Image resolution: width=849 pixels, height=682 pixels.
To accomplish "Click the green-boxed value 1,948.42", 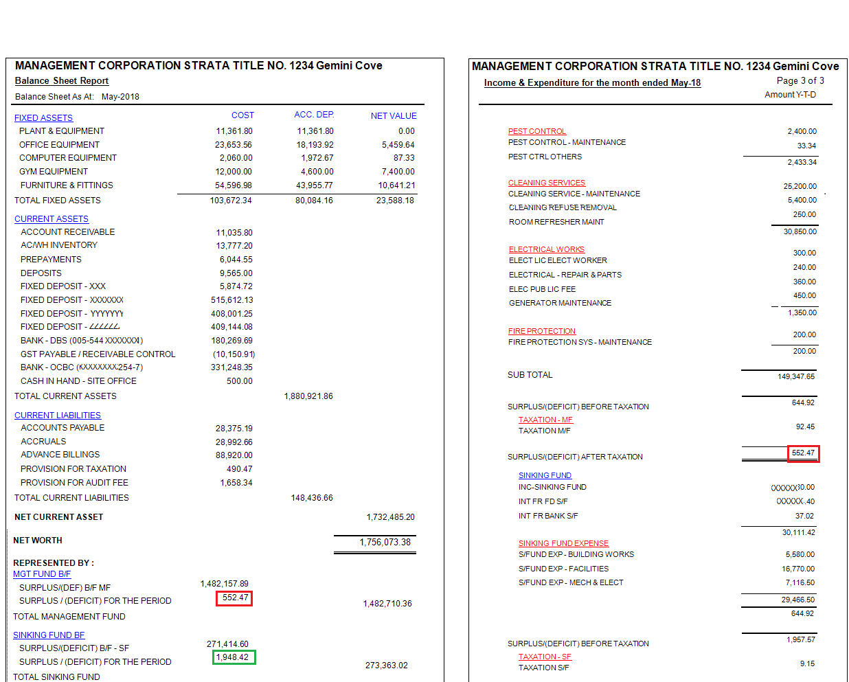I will (x=234, y=657).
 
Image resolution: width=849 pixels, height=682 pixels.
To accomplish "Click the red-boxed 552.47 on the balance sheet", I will (x=234, y=598).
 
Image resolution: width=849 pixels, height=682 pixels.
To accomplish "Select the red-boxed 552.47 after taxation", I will (x=803, y=453).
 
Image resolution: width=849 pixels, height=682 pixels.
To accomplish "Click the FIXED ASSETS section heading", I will (x=43, y=118).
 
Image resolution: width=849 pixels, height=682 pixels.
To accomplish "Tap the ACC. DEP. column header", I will (x=314, y=115).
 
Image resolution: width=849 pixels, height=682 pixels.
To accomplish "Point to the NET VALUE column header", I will (x=394, y=116).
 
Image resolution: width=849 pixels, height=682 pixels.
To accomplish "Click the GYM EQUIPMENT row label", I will (x=54, y=172).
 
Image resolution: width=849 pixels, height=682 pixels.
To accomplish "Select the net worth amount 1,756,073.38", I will (x=385, y=543).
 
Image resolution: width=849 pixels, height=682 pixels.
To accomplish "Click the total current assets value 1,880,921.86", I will (x=308, y=396).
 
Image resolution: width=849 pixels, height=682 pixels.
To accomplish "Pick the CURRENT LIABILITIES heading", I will (x=58, y=416).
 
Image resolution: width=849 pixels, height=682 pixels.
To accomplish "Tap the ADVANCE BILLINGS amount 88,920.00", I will (x=234, y=455).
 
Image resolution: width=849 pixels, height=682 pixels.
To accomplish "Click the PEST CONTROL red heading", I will (x=537, y=131).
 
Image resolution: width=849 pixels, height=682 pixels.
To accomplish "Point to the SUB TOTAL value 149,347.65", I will (x=796, y=376).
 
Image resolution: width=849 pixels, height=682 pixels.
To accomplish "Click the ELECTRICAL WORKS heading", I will (x=547, y=249).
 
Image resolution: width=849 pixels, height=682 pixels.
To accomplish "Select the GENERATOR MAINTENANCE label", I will (x=560, y=303).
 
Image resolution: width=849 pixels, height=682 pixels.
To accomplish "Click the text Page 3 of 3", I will (x=800, y=80).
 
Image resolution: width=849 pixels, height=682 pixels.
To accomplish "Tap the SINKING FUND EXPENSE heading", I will (x=563, y=543).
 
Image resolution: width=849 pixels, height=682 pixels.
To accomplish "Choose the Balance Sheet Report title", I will (x=62, y=81).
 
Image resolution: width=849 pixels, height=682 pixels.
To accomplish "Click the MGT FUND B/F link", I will (x=42, y=574).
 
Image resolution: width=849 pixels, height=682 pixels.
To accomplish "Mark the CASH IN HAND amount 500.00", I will (x=239, y=381).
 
